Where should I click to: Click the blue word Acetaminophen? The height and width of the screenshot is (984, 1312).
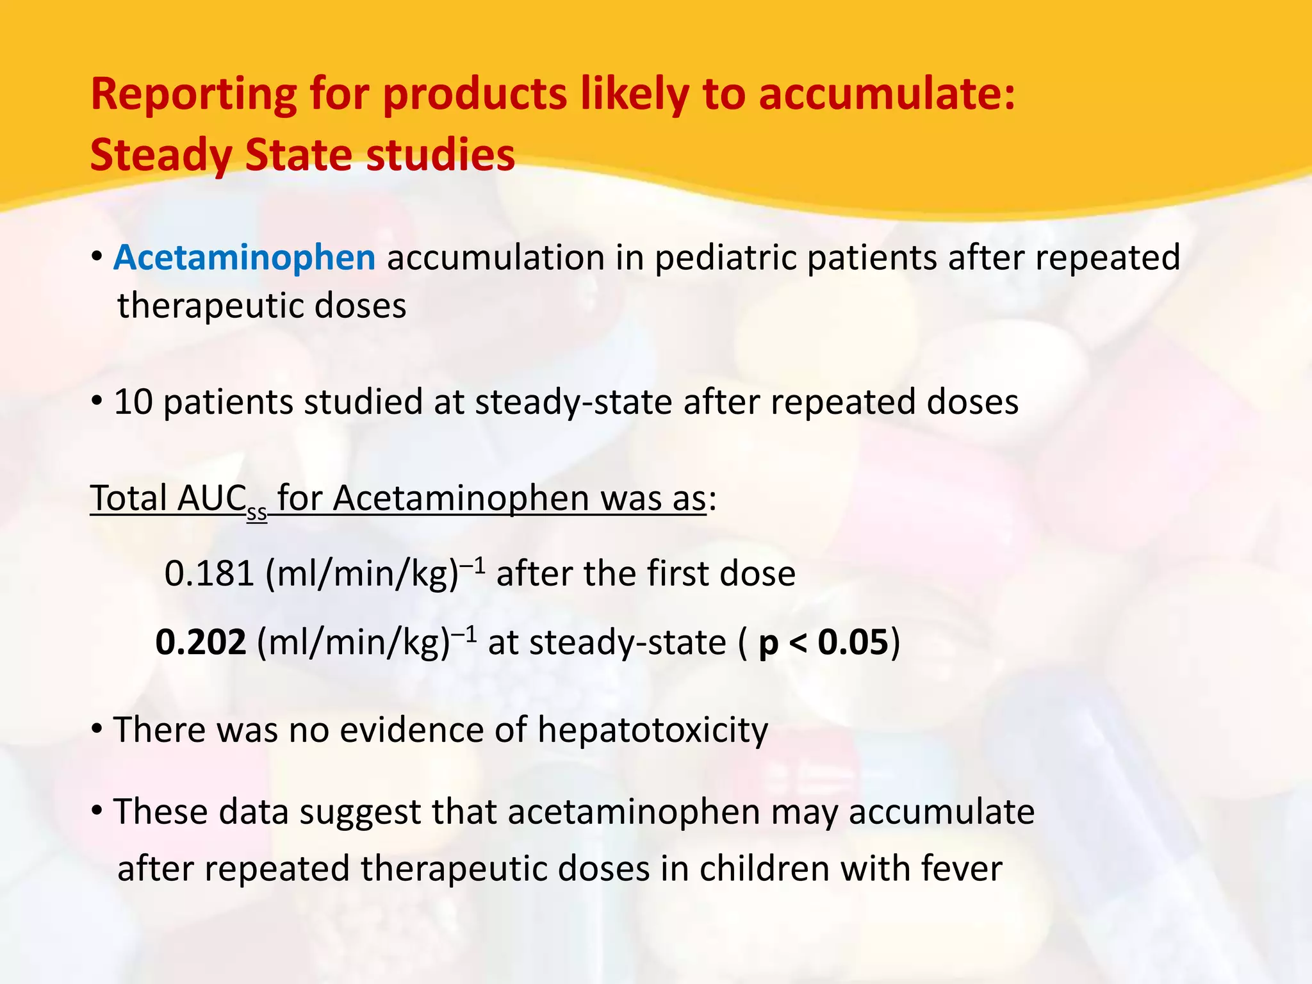[244, 258]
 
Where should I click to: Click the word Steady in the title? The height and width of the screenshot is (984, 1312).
[161, 155]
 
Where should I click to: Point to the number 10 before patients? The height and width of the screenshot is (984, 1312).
[133, 402]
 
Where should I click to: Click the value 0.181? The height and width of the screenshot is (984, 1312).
[209, 573]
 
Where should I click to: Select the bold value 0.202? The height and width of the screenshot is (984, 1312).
[201, 642]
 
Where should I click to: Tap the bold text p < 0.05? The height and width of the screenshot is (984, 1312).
[823, 642]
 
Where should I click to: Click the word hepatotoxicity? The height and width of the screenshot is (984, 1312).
[652, 730]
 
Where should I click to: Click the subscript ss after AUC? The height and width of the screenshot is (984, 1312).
[257, 512]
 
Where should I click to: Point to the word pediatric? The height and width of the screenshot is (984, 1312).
[725, 258]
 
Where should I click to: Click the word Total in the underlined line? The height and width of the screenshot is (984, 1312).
[129, 498]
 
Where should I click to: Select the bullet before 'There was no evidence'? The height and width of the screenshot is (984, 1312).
[97, 729]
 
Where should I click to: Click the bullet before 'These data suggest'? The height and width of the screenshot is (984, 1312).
[97, 811]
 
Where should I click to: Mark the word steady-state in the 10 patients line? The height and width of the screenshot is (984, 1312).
[573, 402]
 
